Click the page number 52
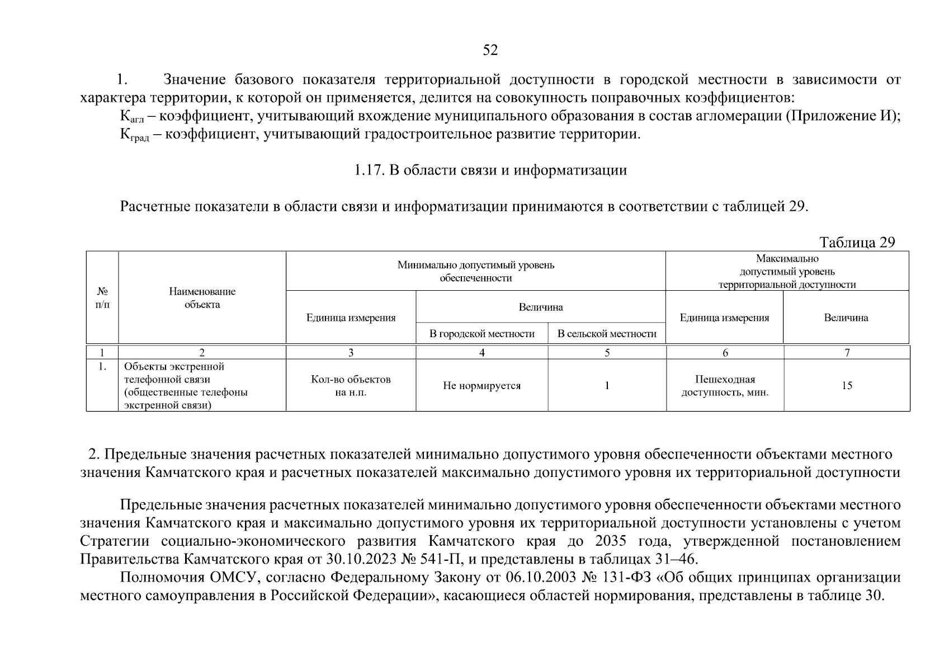click(x=490, y=51)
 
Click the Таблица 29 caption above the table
click(x=857, y=242)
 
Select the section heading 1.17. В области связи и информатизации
click(x=490, y=170)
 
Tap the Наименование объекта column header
click(x=202, y=298)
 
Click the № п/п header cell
click(x=102, y=298)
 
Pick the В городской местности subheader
click(x=481, y=334)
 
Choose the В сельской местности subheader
click(x=607, y=334)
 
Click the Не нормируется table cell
click(x=481, y=386)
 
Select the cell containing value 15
click(x=847, y=386)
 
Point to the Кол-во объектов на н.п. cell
click(x=351, y=386)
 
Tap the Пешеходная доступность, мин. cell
click(x=725, y=386)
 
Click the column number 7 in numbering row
click(x=847, y=353)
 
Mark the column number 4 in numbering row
click(x=481, y=353)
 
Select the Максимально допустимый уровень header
click(x=787, y=271)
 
